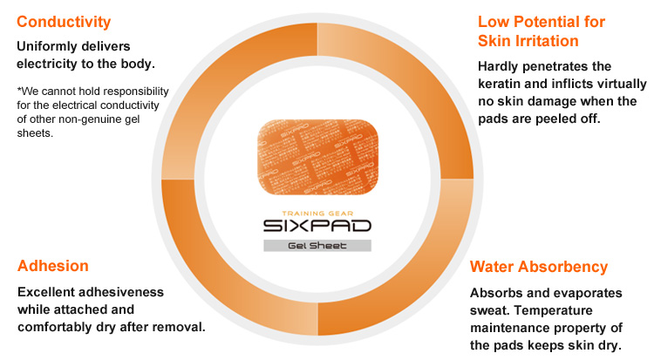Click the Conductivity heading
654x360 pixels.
[x=64, y=22]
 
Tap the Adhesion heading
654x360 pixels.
[x=53, y=266]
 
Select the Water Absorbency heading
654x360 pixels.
[x=539, y=267]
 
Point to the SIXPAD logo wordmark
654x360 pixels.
[x=317, y=226]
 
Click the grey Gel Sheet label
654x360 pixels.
[x=317, y=246]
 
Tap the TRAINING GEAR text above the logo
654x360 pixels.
[x=317, y=214]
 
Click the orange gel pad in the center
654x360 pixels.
[x=317, y=157]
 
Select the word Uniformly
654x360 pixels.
[x=44, y=46]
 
